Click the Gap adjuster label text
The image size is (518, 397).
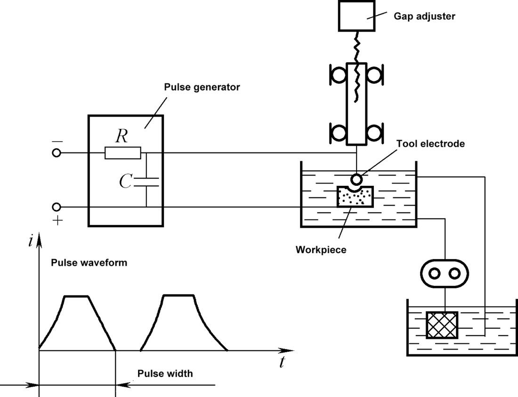pyautogui.click(x=424, y=16)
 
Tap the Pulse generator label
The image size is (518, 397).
pyautogui.click(x=202, y=87)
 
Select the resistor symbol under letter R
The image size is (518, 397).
pyautogui.click(x=122, y=153)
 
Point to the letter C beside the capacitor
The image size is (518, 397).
pyautogui.click(x=125, y=182)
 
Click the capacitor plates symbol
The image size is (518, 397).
pyautogui.click(x=146, y=183)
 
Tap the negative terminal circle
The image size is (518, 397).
pyautogui.click(x=57, y=153)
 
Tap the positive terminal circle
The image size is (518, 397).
pyautogui.click(x=57, y=206)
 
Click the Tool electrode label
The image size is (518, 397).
pyautogui.click(x=430, y=144)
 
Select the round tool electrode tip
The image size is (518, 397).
pyautogui.click(x=356, y=179)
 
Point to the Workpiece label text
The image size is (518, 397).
pyautogui.click(x=321, y=250)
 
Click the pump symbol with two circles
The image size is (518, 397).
pyautogui.click(x=445, y=273)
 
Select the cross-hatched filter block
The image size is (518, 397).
pyautogui.click(x=442, y=325)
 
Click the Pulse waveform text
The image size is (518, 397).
pyautogui.click(x=89, y=263)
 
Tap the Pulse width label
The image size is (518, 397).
pyautogui.click(x=165, y=374)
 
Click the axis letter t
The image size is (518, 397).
pyautogui.click(x=282, y=362)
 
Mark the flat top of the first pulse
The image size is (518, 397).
pyautogui.click(x=76, y=296)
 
